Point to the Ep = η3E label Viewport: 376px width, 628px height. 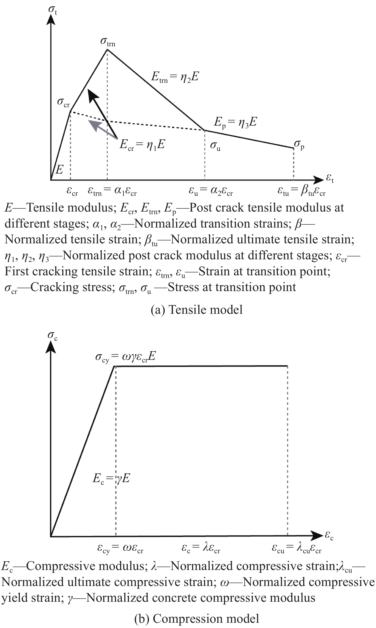click(235, 123)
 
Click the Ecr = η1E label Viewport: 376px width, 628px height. click(142, 145)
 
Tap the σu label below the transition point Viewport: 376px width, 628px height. click(215, 146)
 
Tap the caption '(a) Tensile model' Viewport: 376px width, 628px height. click(197, 310)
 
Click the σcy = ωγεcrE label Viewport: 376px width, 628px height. click(125, 357)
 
